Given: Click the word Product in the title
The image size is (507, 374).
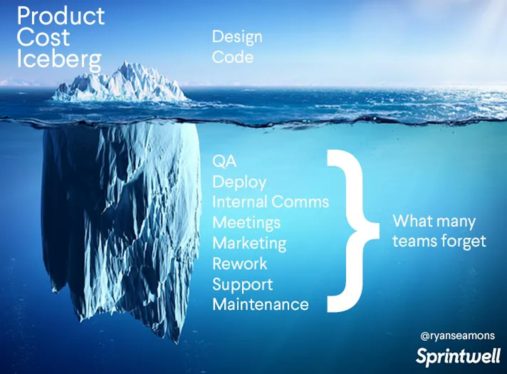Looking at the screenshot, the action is click(x=61, y=16).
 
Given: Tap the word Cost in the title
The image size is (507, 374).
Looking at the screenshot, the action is click(x=43, y=38).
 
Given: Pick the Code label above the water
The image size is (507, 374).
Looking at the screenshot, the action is click(x=233, y=57).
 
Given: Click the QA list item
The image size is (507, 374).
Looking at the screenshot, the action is click(x=224, y=161).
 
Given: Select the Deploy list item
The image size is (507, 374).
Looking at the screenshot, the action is click(x=239, y=183).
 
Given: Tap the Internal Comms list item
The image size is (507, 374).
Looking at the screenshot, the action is click(x=271, y=202).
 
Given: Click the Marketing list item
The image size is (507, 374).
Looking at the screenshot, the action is click(x=249, y=244).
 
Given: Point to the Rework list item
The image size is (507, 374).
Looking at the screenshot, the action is click(x=240, y=264).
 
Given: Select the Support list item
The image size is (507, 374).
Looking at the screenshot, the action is click(x=242, y=285).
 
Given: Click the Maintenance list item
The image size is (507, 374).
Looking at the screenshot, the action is click(x=260, y=305).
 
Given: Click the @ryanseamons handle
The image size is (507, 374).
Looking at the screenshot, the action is click(x=458, y=336).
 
